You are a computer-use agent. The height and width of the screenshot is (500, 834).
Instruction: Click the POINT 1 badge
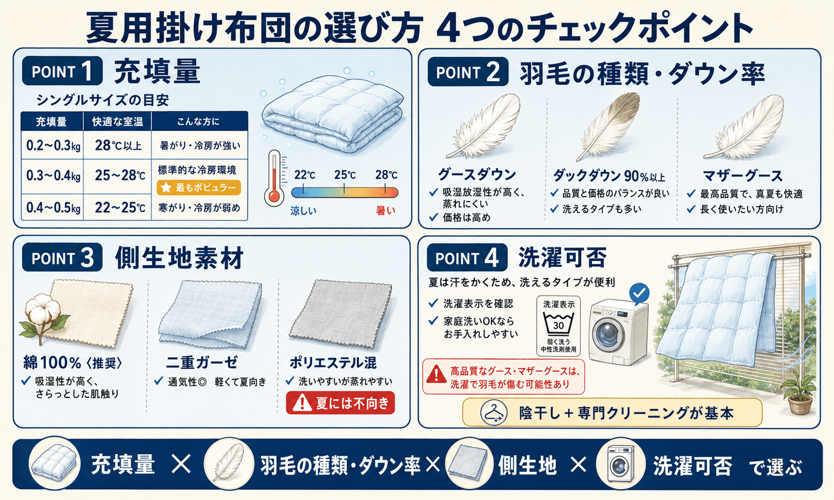[62, 71]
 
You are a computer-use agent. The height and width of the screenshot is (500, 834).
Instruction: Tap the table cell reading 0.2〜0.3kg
[53, 145]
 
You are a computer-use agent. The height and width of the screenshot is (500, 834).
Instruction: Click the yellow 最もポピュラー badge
[199, 187]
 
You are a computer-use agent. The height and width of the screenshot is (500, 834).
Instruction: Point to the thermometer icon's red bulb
[274, 196]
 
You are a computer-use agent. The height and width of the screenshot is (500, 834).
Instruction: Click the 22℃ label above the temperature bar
[304, 175]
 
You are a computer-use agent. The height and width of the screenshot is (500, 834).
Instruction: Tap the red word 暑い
[385, 211]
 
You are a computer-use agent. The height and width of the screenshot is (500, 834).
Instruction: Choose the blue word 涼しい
[303, 211]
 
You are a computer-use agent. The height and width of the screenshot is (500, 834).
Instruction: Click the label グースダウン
[476, 174]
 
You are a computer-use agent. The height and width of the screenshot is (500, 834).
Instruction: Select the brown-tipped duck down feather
[609, 127]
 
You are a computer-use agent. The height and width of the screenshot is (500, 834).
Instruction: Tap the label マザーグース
[742, 176]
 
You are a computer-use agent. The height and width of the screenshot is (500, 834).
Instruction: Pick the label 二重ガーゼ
[202, 362]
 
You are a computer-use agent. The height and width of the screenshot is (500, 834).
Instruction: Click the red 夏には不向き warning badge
[340, 403]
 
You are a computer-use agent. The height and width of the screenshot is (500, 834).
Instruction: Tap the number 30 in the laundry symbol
[558, 326]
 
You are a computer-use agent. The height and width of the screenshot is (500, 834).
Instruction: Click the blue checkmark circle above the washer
[639, 293]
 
